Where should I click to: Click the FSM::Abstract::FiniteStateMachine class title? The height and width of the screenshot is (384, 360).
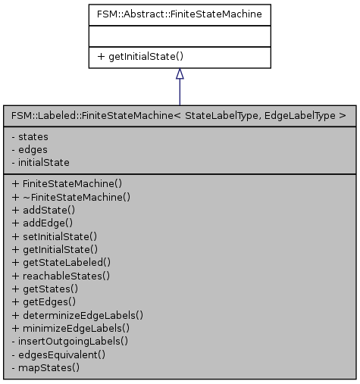[179, 14]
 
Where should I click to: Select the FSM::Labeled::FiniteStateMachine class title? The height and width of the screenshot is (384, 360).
[179, 116]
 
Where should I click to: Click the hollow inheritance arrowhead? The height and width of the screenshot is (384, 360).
[180, 73]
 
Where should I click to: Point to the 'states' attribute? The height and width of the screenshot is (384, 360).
[31, 136]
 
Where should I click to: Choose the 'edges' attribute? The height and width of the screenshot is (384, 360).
[30, 149]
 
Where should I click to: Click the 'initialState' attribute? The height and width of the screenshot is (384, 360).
[42, 162]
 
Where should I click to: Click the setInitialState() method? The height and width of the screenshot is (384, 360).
[55, 236]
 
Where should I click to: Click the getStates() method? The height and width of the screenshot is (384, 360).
[45, 289]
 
